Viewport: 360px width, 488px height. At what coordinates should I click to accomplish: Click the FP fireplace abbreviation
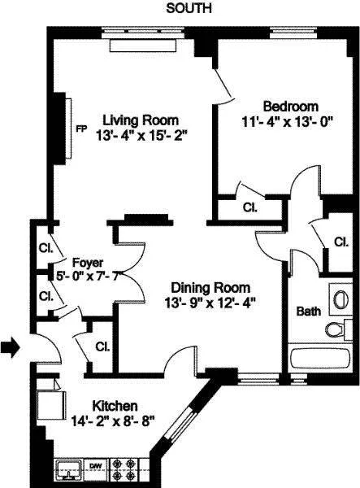(80, 129)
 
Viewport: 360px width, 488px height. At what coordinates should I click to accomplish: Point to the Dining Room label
(210, 288)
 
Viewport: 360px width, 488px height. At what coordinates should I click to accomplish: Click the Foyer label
(87, 263)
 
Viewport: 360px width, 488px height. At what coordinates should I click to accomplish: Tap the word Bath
(308, 311)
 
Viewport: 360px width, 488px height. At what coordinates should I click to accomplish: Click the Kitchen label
(114, 405)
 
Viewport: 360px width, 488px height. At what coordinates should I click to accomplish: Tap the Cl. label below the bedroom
(249, 207)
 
